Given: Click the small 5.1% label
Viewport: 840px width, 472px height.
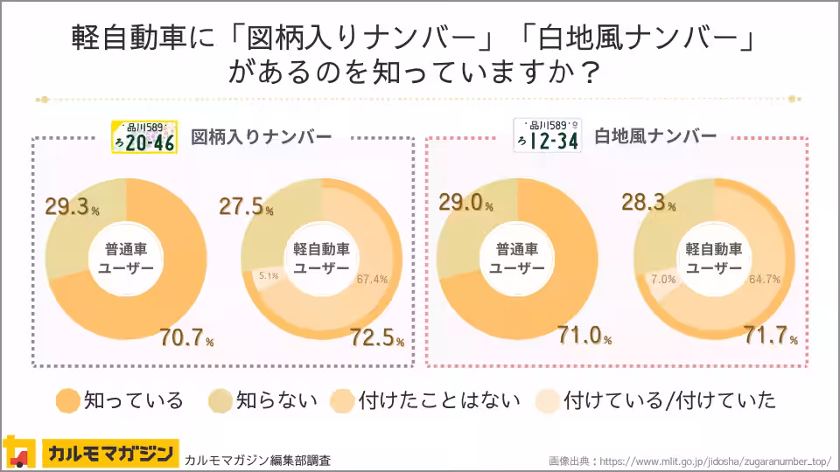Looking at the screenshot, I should pos(268,276).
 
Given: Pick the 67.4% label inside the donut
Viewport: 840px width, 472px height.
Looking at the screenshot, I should pos(372,279).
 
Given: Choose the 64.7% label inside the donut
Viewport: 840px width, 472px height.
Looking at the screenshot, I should pos(765,279).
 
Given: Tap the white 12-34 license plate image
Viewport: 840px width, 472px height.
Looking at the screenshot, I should pos(547,136).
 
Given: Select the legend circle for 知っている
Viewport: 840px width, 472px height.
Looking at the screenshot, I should pos(67,400).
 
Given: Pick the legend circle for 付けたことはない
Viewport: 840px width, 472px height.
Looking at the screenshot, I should pos(342,400).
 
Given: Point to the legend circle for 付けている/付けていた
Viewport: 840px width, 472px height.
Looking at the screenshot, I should pos(549,400).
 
